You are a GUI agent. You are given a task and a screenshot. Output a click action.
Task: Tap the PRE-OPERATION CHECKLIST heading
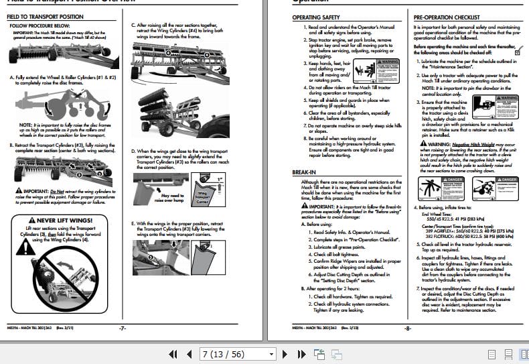[447, 17]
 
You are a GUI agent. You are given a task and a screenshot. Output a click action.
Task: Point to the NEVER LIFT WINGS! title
[64, 220]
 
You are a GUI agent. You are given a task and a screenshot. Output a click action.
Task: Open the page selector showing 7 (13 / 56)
[237, 353]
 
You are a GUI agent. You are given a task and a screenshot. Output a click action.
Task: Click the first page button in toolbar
[173, 353]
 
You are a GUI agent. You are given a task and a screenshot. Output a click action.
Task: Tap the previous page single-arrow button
[188, 353]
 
